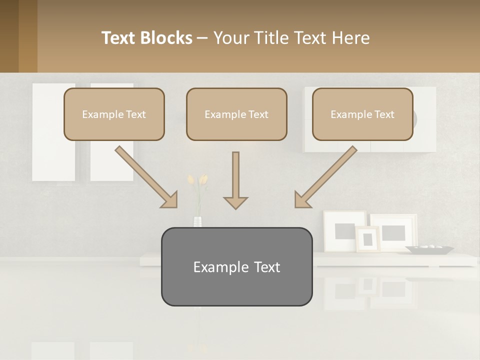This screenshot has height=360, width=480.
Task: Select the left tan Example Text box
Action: (x=114, y=114)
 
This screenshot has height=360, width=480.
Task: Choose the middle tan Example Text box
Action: (x=236, y=114)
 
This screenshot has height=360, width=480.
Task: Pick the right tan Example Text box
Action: (x=362, y=114)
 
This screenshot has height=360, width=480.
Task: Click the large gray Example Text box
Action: (x=236, y=266)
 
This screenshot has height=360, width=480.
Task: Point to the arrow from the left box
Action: (x=145, y=176)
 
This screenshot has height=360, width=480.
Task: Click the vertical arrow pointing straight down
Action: (x=235, y=180)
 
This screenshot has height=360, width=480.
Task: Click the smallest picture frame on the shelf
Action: (x=367, y=238)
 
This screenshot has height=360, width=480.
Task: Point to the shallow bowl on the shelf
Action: (x=429, y=248)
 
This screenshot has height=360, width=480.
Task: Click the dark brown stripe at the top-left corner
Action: (x=9, y=36)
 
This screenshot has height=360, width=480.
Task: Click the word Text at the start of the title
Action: (x=119, y=38)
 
